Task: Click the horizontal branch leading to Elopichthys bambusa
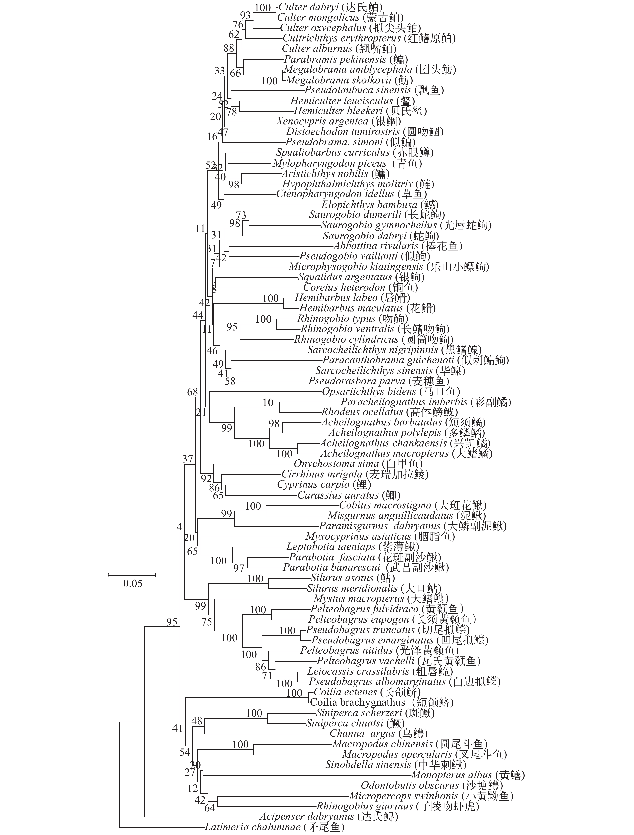[x=273, y=205]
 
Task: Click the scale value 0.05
[x=133, y=584]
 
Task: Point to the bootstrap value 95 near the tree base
[x=172, y=622]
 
